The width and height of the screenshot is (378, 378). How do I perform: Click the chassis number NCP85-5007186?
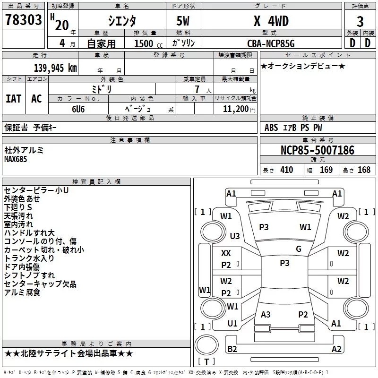tap(317, 151)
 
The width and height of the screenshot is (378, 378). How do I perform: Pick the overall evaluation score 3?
tap(360, 21)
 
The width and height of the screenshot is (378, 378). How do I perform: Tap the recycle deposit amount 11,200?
tap(235, 109)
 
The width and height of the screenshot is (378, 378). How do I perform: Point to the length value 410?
tap(286, 170)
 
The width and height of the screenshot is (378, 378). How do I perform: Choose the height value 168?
tap(364, 170)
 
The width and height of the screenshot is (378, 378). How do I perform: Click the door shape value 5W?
tap(183, 21)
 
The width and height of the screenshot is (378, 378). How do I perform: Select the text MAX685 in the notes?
tap(16, 159)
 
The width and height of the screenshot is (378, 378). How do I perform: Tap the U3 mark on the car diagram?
tap(234, 236)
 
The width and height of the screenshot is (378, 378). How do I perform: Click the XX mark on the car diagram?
tap(226, 253)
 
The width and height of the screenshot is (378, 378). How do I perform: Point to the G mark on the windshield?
tap(299, 249)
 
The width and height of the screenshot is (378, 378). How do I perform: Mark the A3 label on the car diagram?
tap(266, 315)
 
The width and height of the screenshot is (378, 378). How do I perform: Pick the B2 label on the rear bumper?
tap(232, 349)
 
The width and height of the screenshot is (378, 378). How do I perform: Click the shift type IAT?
tap(13, 99)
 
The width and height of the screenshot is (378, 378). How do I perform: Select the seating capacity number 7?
tap(196, 89)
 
